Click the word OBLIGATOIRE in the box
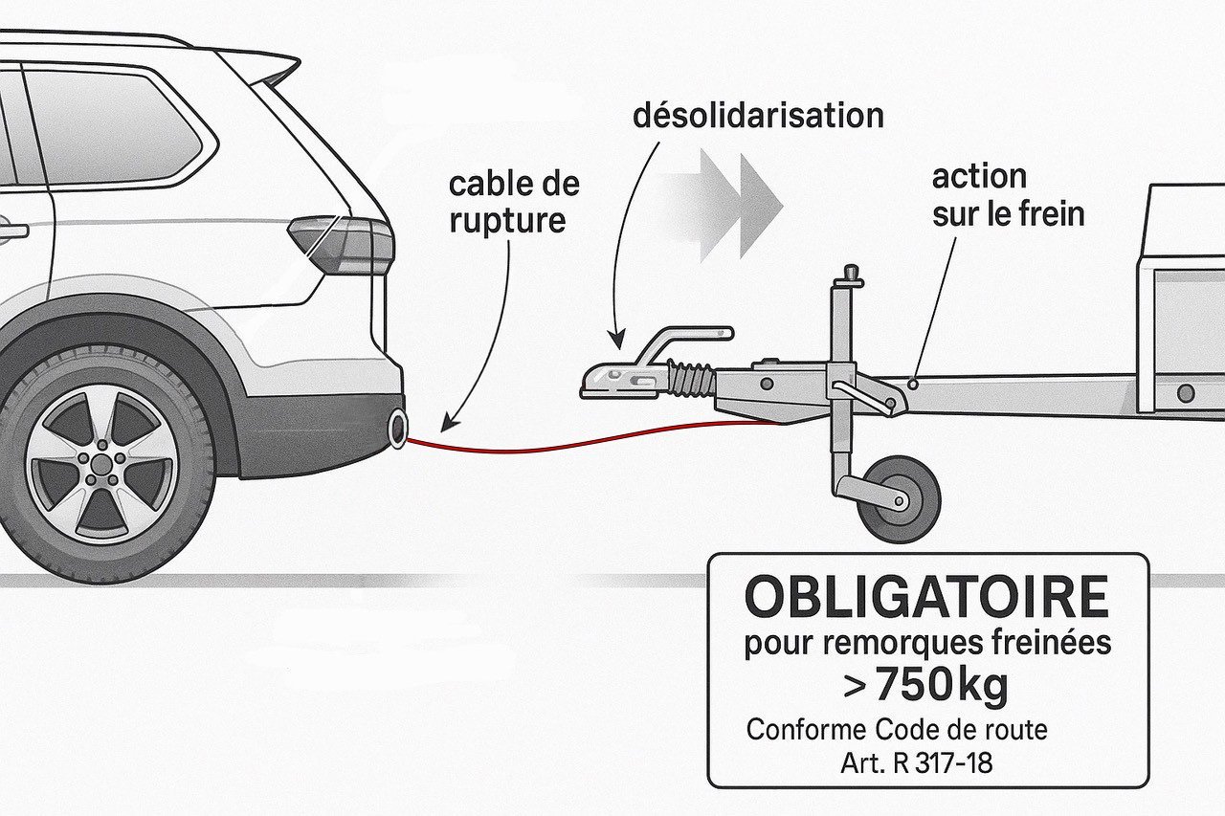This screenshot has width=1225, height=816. coord(926,598)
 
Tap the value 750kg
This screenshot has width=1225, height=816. coord(926,684)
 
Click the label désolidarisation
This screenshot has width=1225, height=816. coord(758,117)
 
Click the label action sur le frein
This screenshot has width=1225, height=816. coord(1007,195)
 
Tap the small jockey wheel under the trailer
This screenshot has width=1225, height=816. coord(899,498)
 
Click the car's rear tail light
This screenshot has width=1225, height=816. coord(343,243)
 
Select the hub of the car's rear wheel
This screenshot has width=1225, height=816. coord(100,466)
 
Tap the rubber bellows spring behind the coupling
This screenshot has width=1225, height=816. coord(691,379)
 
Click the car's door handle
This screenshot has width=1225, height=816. coord(11,231)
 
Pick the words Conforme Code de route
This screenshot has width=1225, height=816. coord(897,729)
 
